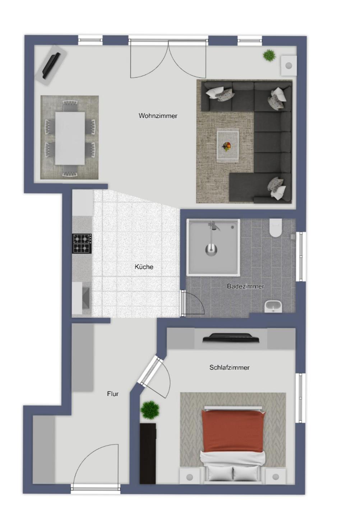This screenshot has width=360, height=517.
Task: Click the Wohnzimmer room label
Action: [158, 116]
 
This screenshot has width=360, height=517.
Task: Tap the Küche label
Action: [144, 267]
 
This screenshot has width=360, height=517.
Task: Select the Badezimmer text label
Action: [245, 287]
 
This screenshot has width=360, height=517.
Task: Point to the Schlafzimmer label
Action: [229, 367]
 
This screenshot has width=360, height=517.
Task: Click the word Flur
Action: [113, 394]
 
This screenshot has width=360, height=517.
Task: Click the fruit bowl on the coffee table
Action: [227, 146]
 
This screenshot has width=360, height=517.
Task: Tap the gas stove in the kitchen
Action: [82, 243]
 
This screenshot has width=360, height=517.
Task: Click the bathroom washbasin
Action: [273, 307]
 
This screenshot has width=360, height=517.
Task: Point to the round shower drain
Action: [211, 250]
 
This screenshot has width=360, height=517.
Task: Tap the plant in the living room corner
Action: [269, 55]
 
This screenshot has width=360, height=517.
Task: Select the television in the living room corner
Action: [51, 66]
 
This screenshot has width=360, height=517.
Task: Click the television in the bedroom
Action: [231, 338]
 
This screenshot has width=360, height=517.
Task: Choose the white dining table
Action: [70, 138]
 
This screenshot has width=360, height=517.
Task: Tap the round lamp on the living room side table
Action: [289, 66]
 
